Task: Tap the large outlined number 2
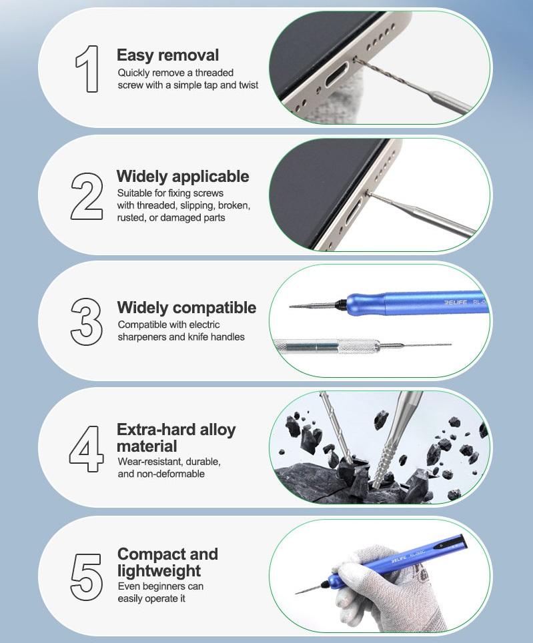pyautogui.click(x=87, y=196)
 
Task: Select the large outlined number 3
pyautogui.click(x=86, y=321)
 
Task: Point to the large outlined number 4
pyautogui.click(x=86, y=448)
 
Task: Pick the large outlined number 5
pyautogui.click(x=86, y=577)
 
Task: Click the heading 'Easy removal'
pyautogui.click(x=167, y=55)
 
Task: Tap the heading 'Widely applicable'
pyautogui.click(x=183, y=177)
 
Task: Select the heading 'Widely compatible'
pyautogui.click(x=186, y=308)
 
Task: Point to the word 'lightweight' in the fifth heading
pyautogui.click(x=159, y=571)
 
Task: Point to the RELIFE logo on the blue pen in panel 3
pyautogui.click(x=456, y=303)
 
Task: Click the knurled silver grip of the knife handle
pyautogui.click(x=358, y=347)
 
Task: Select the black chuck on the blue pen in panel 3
pyautogui.click(x=341, y=305)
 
